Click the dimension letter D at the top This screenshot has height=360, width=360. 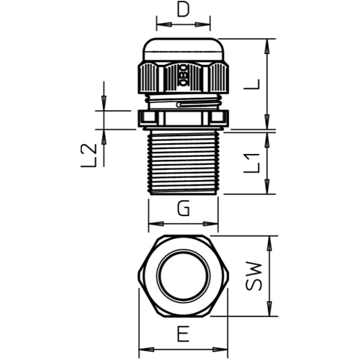click(x=184, y=10)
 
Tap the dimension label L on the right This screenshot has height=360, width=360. click(x=251, y=84)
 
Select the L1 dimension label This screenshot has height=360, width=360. click(x=252, y=163)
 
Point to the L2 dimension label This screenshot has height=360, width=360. click(x=89, y=156)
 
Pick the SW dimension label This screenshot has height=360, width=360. click(x=253, y=276)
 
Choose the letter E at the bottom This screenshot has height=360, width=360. click(x=184, y=333)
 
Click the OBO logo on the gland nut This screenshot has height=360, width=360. click(x=183, y=76)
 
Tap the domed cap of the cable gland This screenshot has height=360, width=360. click(x=184, y=49)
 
